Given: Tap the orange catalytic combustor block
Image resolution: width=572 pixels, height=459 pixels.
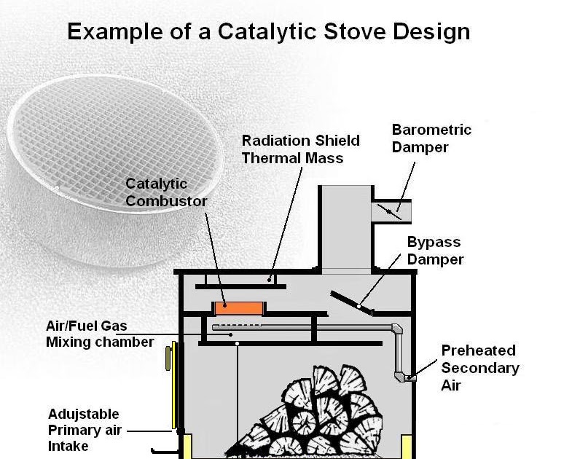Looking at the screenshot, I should coord(238,308).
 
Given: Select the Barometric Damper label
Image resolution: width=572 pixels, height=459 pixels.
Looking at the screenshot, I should coord(431,138).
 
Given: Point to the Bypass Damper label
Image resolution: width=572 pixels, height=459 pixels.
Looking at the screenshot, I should coord(434,250).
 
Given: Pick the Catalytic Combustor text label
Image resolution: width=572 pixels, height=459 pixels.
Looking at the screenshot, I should coord(166,192).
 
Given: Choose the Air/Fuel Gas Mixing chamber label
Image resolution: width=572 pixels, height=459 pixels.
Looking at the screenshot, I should coord(100,334).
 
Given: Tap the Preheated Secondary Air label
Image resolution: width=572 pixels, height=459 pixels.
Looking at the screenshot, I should coord(479,367).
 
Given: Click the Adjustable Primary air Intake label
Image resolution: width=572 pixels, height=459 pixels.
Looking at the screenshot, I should coord(83,430).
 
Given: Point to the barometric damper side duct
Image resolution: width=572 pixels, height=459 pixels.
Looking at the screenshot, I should coord(391,212).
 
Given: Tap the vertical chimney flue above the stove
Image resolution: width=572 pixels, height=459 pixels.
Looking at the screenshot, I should coord(345,226).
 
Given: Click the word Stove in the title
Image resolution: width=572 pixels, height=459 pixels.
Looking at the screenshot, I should coord(364,32).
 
